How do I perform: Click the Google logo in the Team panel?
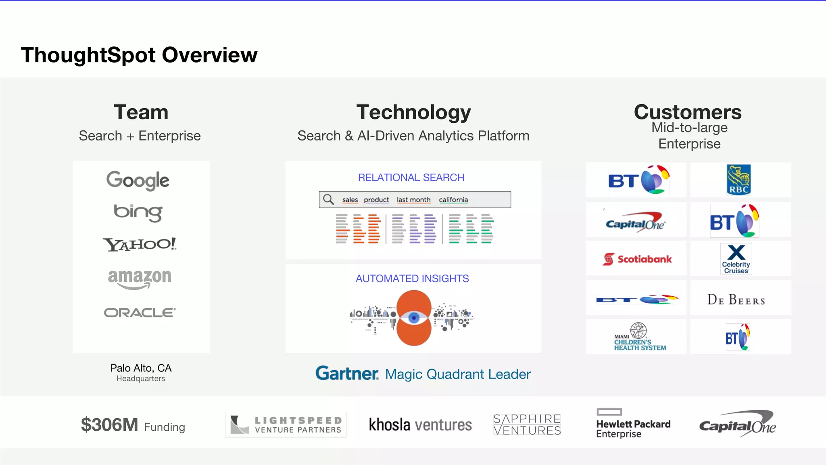[x=138, y=180]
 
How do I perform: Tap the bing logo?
[x=138, y=212]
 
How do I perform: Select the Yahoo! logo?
[x=140, y=244]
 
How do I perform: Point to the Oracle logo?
[x=140, y=313]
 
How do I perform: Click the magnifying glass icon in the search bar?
[x=329, y=199]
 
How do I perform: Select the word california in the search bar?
[x=453, y=200]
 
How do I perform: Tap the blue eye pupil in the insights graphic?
[x=414, y=318]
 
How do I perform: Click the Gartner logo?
[x=347, y=373]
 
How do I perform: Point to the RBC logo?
[x=738, y=180]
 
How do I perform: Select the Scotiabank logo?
[x=637, y=259]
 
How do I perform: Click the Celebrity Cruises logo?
[x=736, y=259]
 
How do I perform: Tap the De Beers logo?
[x=736, y=300]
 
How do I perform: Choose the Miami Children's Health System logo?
[x=639, y=337]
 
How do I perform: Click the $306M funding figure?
[x=109, y=425]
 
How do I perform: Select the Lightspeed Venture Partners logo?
[x=286, y=425]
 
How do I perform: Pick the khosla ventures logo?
[x=420, y=425]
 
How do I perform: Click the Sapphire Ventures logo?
[x=527, y=425]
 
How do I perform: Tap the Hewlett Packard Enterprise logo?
[x=633, y=424]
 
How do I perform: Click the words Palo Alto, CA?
[x=141, y=368]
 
